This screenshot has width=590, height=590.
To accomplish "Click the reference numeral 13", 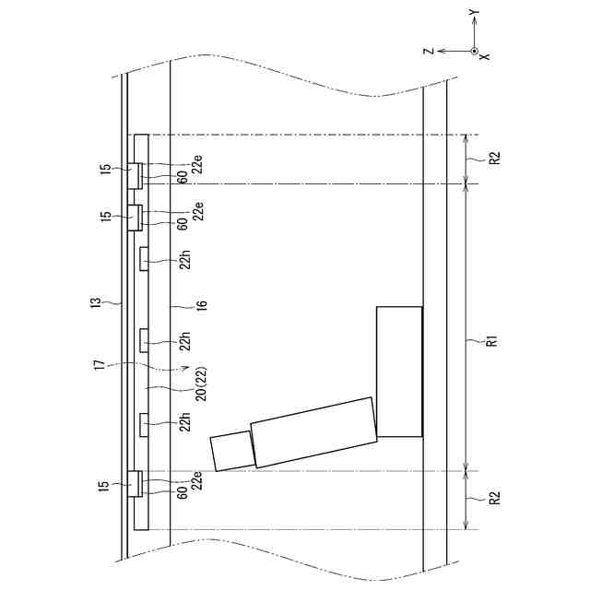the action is click(x=107, y=301).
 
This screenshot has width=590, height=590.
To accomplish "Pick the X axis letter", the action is click(x=485, y=57).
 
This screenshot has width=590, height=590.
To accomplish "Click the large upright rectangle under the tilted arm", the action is click(x=399, y=372).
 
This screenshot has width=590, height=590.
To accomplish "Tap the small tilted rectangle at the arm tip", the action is click(x=231, y=452).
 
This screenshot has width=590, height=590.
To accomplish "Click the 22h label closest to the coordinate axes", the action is click(x=184, y=261).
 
